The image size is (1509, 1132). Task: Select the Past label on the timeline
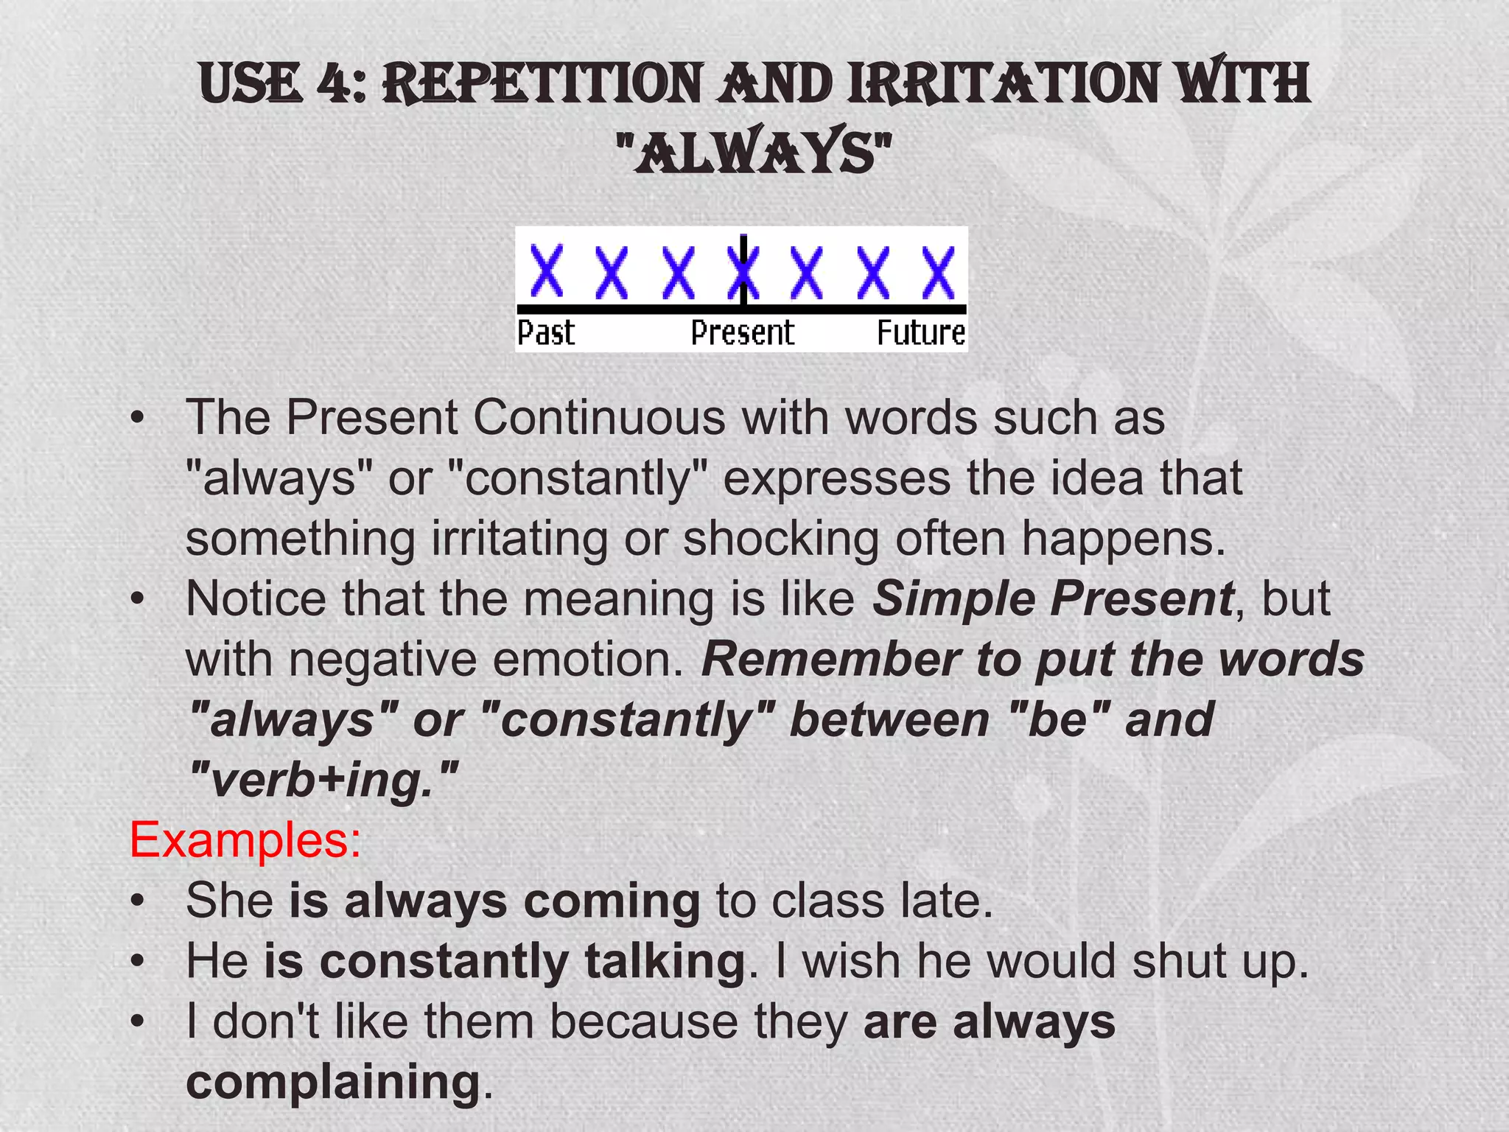(x=545, y=333)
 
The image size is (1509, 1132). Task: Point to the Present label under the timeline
(x=742, y=333)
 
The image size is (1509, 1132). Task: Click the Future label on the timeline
(x=921, y=333)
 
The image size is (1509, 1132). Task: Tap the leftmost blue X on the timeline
(x=547, y=272)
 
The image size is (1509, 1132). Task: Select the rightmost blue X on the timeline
(x=939, y=272)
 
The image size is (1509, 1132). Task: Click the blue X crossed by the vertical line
(x=743, y=272)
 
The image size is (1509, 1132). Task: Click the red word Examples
(x=245, y=839)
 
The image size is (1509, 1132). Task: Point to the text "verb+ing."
(x=323, y=780)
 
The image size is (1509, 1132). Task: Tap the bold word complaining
(x=333, y=1082)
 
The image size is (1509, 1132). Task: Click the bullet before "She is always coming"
(x=136, y=901)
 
